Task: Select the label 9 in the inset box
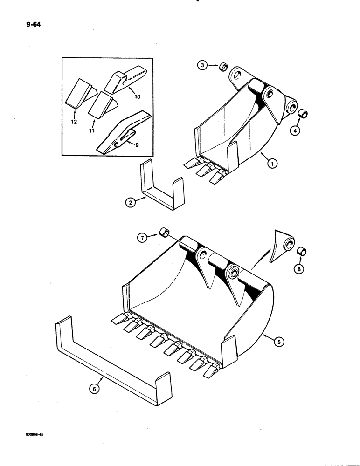[x=137, y=145]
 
